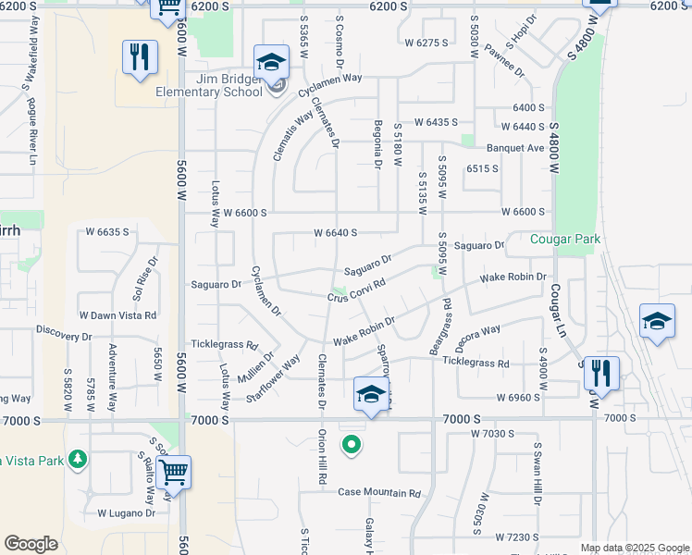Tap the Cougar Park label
coord(565,239)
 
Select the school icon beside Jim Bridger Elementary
coord(271,63)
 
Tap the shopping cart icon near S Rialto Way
coord(173,471)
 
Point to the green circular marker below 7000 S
coord(351,446)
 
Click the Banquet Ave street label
coord(516,148)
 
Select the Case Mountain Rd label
coord(379,492)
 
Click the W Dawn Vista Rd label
coord(117,315)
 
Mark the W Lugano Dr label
coord(126,512)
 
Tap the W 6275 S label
coord(426,43)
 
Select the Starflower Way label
coord(274,379)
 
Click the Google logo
coord(31,544)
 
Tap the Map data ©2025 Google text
coord(634,548)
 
